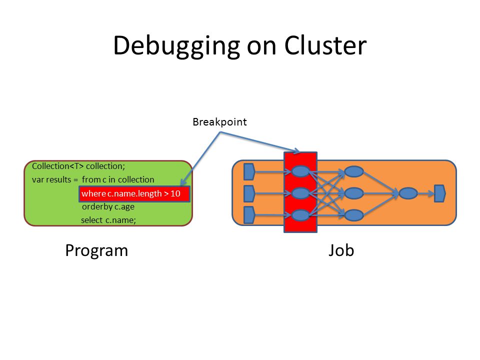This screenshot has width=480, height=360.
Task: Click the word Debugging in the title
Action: (x=176, y=46)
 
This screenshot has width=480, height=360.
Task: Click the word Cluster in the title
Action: (x=325, y=45)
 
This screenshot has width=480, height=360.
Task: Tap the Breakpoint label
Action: (x=219, y=122)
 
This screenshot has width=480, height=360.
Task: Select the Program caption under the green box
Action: (x=96, y=251)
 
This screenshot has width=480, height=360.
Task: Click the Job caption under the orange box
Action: (x=341, y=250)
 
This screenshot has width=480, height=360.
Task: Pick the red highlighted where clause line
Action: (x=134, y=194)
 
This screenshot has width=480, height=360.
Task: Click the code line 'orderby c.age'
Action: (x=108, y=207)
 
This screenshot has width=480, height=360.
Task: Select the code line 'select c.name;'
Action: (x=108, y=220)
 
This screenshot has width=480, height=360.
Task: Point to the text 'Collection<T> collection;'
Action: (x=78, y=166)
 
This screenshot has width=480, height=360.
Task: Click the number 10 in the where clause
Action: (x=175, y=193)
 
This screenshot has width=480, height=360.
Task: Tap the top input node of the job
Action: (x=249, y=171)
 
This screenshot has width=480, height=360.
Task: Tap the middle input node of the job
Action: (x=249, y=193)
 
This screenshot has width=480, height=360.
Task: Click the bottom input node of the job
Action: (x=249, y=215)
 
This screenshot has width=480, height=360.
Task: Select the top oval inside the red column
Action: (x=300, y=171)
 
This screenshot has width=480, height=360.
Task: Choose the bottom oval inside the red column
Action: (x=300, y=215)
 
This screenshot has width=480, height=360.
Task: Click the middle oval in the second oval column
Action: (x=354, y=193)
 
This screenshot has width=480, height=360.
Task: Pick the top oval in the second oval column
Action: (x=354, y=171)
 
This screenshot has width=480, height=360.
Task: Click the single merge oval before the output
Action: (x=408, y=193)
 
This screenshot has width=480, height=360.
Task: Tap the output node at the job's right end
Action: (x=440, y=193)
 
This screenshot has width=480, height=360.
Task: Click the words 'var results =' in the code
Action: (x=55, y=179)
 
